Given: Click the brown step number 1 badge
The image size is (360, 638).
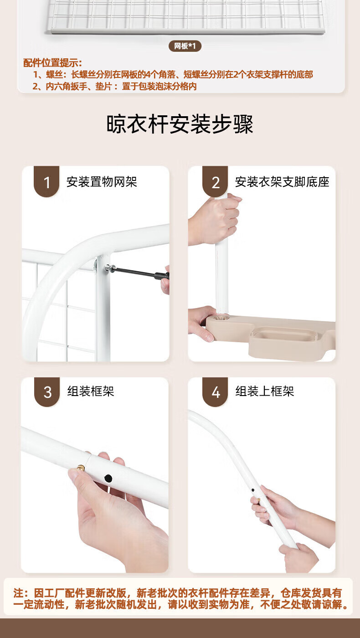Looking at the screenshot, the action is point(46,181).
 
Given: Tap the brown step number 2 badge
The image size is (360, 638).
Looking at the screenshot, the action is point(215,181).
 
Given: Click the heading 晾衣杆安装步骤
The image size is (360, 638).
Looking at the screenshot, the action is point(180,124).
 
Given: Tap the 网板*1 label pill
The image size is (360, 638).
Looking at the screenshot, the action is point(185,46).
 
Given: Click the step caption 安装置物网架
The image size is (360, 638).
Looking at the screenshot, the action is point(102,182).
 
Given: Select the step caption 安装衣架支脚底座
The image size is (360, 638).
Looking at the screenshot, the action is point(282,182).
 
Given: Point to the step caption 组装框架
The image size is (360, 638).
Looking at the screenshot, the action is point(91,391).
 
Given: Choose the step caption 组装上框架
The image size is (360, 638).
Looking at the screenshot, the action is point(265,391).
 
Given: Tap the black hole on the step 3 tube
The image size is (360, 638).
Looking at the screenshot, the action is point(108,478).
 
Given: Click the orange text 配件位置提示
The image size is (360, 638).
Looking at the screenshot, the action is point(53,63).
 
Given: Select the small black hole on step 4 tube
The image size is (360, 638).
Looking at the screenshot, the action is point(253,490).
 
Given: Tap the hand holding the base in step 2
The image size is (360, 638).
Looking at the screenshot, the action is point(201,323).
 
